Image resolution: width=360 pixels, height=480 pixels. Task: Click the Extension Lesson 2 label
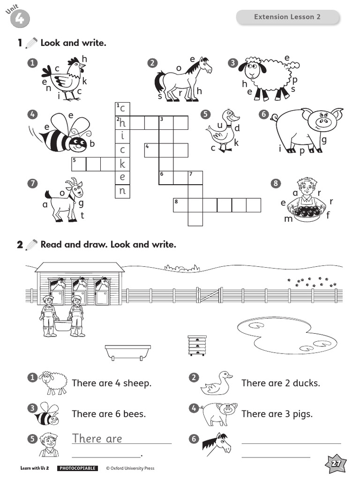pos(287,17)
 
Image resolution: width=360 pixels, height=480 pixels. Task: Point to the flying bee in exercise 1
pos(66,133)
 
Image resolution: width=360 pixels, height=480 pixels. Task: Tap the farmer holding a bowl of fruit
pos(307,201)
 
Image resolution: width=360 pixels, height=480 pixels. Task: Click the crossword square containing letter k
pos(122,164)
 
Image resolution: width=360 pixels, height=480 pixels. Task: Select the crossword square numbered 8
pos(180,205)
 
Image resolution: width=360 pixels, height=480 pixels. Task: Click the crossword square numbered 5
pos(78,164)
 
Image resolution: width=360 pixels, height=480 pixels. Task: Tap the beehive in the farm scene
pos(196,345)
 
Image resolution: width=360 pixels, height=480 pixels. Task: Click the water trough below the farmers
pos(128,352)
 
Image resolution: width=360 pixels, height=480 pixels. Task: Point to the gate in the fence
pos(209,295)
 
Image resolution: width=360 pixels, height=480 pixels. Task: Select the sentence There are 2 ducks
pos(280,383)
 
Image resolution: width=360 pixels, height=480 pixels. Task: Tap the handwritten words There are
pos(97,439)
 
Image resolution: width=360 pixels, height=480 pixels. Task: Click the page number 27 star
pos(336,464)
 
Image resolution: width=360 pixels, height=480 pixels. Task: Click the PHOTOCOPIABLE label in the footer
pos(77,468)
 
